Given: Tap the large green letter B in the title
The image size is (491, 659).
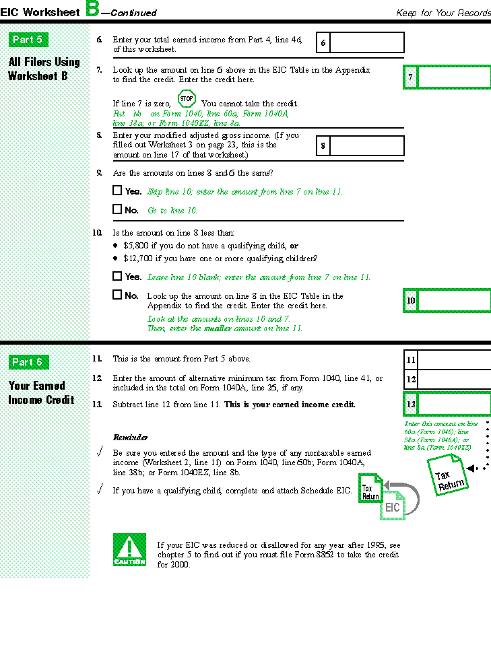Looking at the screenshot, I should (92, 9).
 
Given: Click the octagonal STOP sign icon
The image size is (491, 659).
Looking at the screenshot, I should (187, 100).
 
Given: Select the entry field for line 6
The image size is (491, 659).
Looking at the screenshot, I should (367, 43).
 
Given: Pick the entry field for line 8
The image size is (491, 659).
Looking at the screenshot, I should (367, 145).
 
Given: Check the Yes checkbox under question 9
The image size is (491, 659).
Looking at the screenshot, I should (117, 190).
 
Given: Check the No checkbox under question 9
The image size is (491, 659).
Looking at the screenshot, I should (117, 209).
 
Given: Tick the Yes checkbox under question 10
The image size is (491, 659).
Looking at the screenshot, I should (117, 276).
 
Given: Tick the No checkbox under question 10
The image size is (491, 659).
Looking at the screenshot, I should (117, 295).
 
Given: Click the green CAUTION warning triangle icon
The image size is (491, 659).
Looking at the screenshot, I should (129, 549).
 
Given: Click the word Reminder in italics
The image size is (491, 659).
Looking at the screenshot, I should (130, 438).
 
